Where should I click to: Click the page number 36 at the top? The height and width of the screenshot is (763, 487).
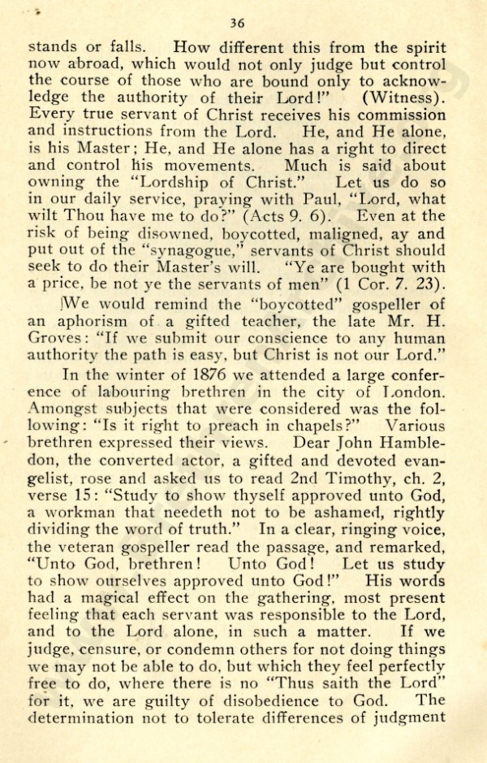237,21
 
